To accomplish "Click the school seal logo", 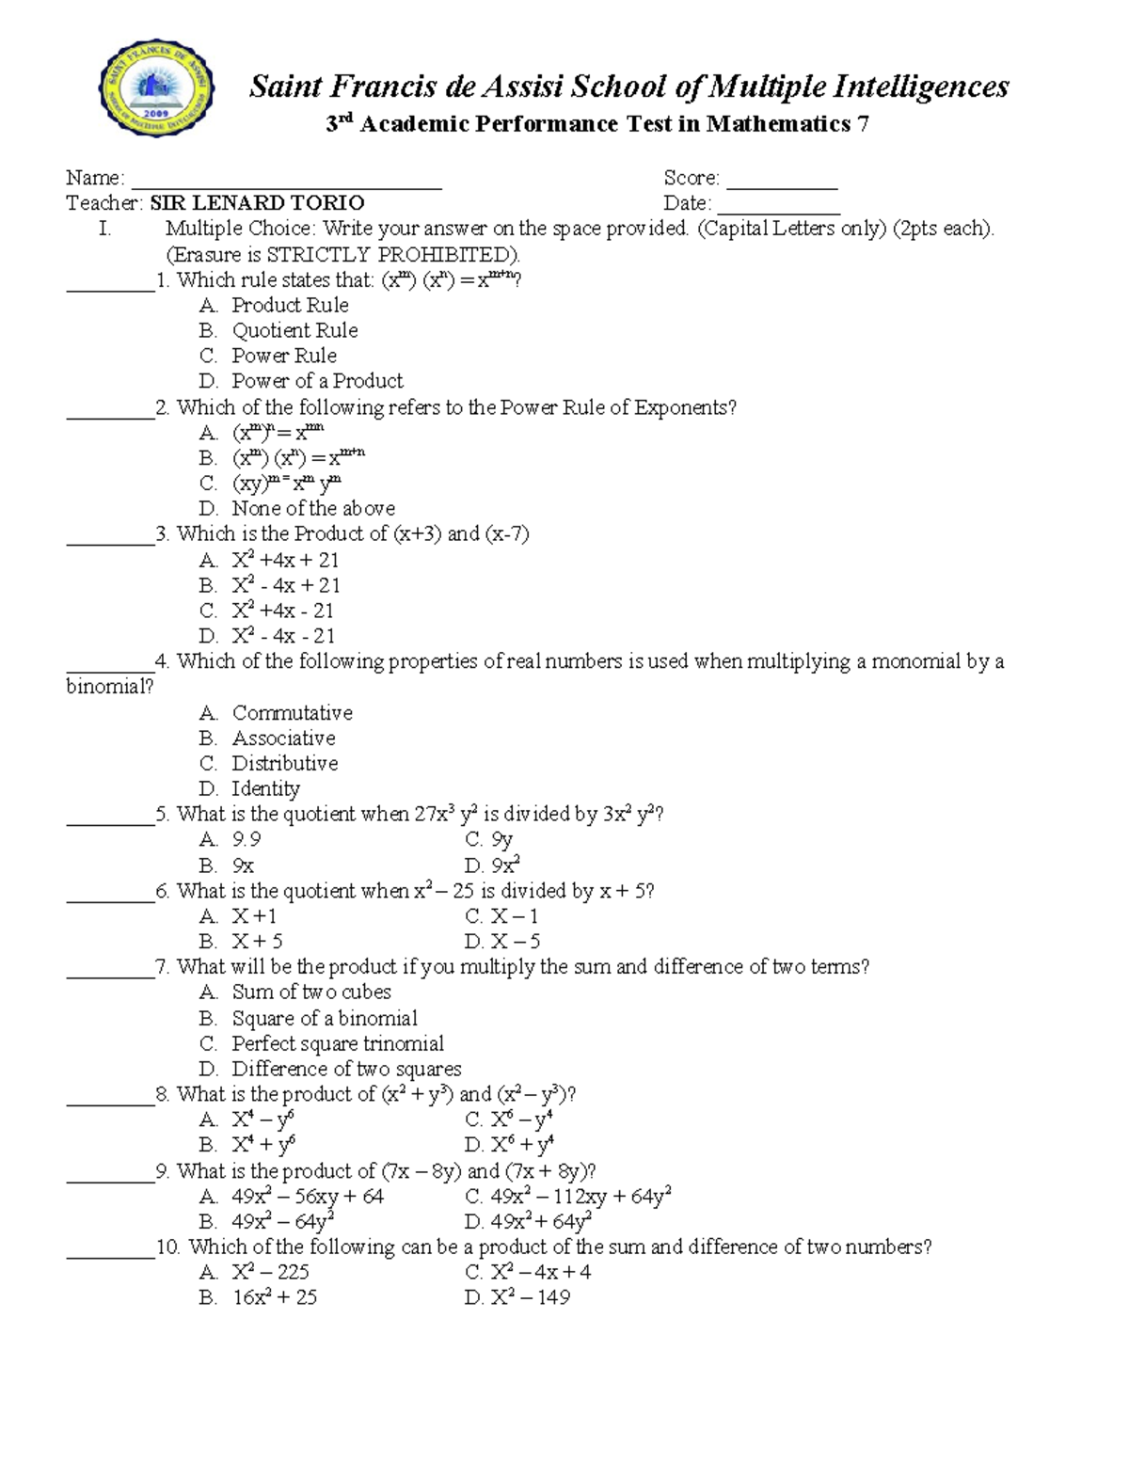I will (x=155, y=88).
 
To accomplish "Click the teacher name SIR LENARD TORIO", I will (x=257, y=203).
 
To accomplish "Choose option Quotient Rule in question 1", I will (x=294, y=330).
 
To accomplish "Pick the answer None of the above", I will (x=313, y=509).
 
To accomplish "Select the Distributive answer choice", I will (x=285, y=763).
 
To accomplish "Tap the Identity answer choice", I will (x=266, y=788).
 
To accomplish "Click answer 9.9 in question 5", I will (x=246, y=839).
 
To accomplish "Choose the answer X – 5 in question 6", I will (x=515, y=941).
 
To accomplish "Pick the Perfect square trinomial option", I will (x=338, y=1043).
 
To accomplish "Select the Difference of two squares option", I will (x=346, y=1069).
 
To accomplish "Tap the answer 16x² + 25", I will (x=275, y=1297).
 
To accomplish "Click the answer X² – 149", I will (x=530, y=1297).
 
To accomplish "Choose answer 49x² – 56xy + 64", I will (x=308, y=1197).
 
